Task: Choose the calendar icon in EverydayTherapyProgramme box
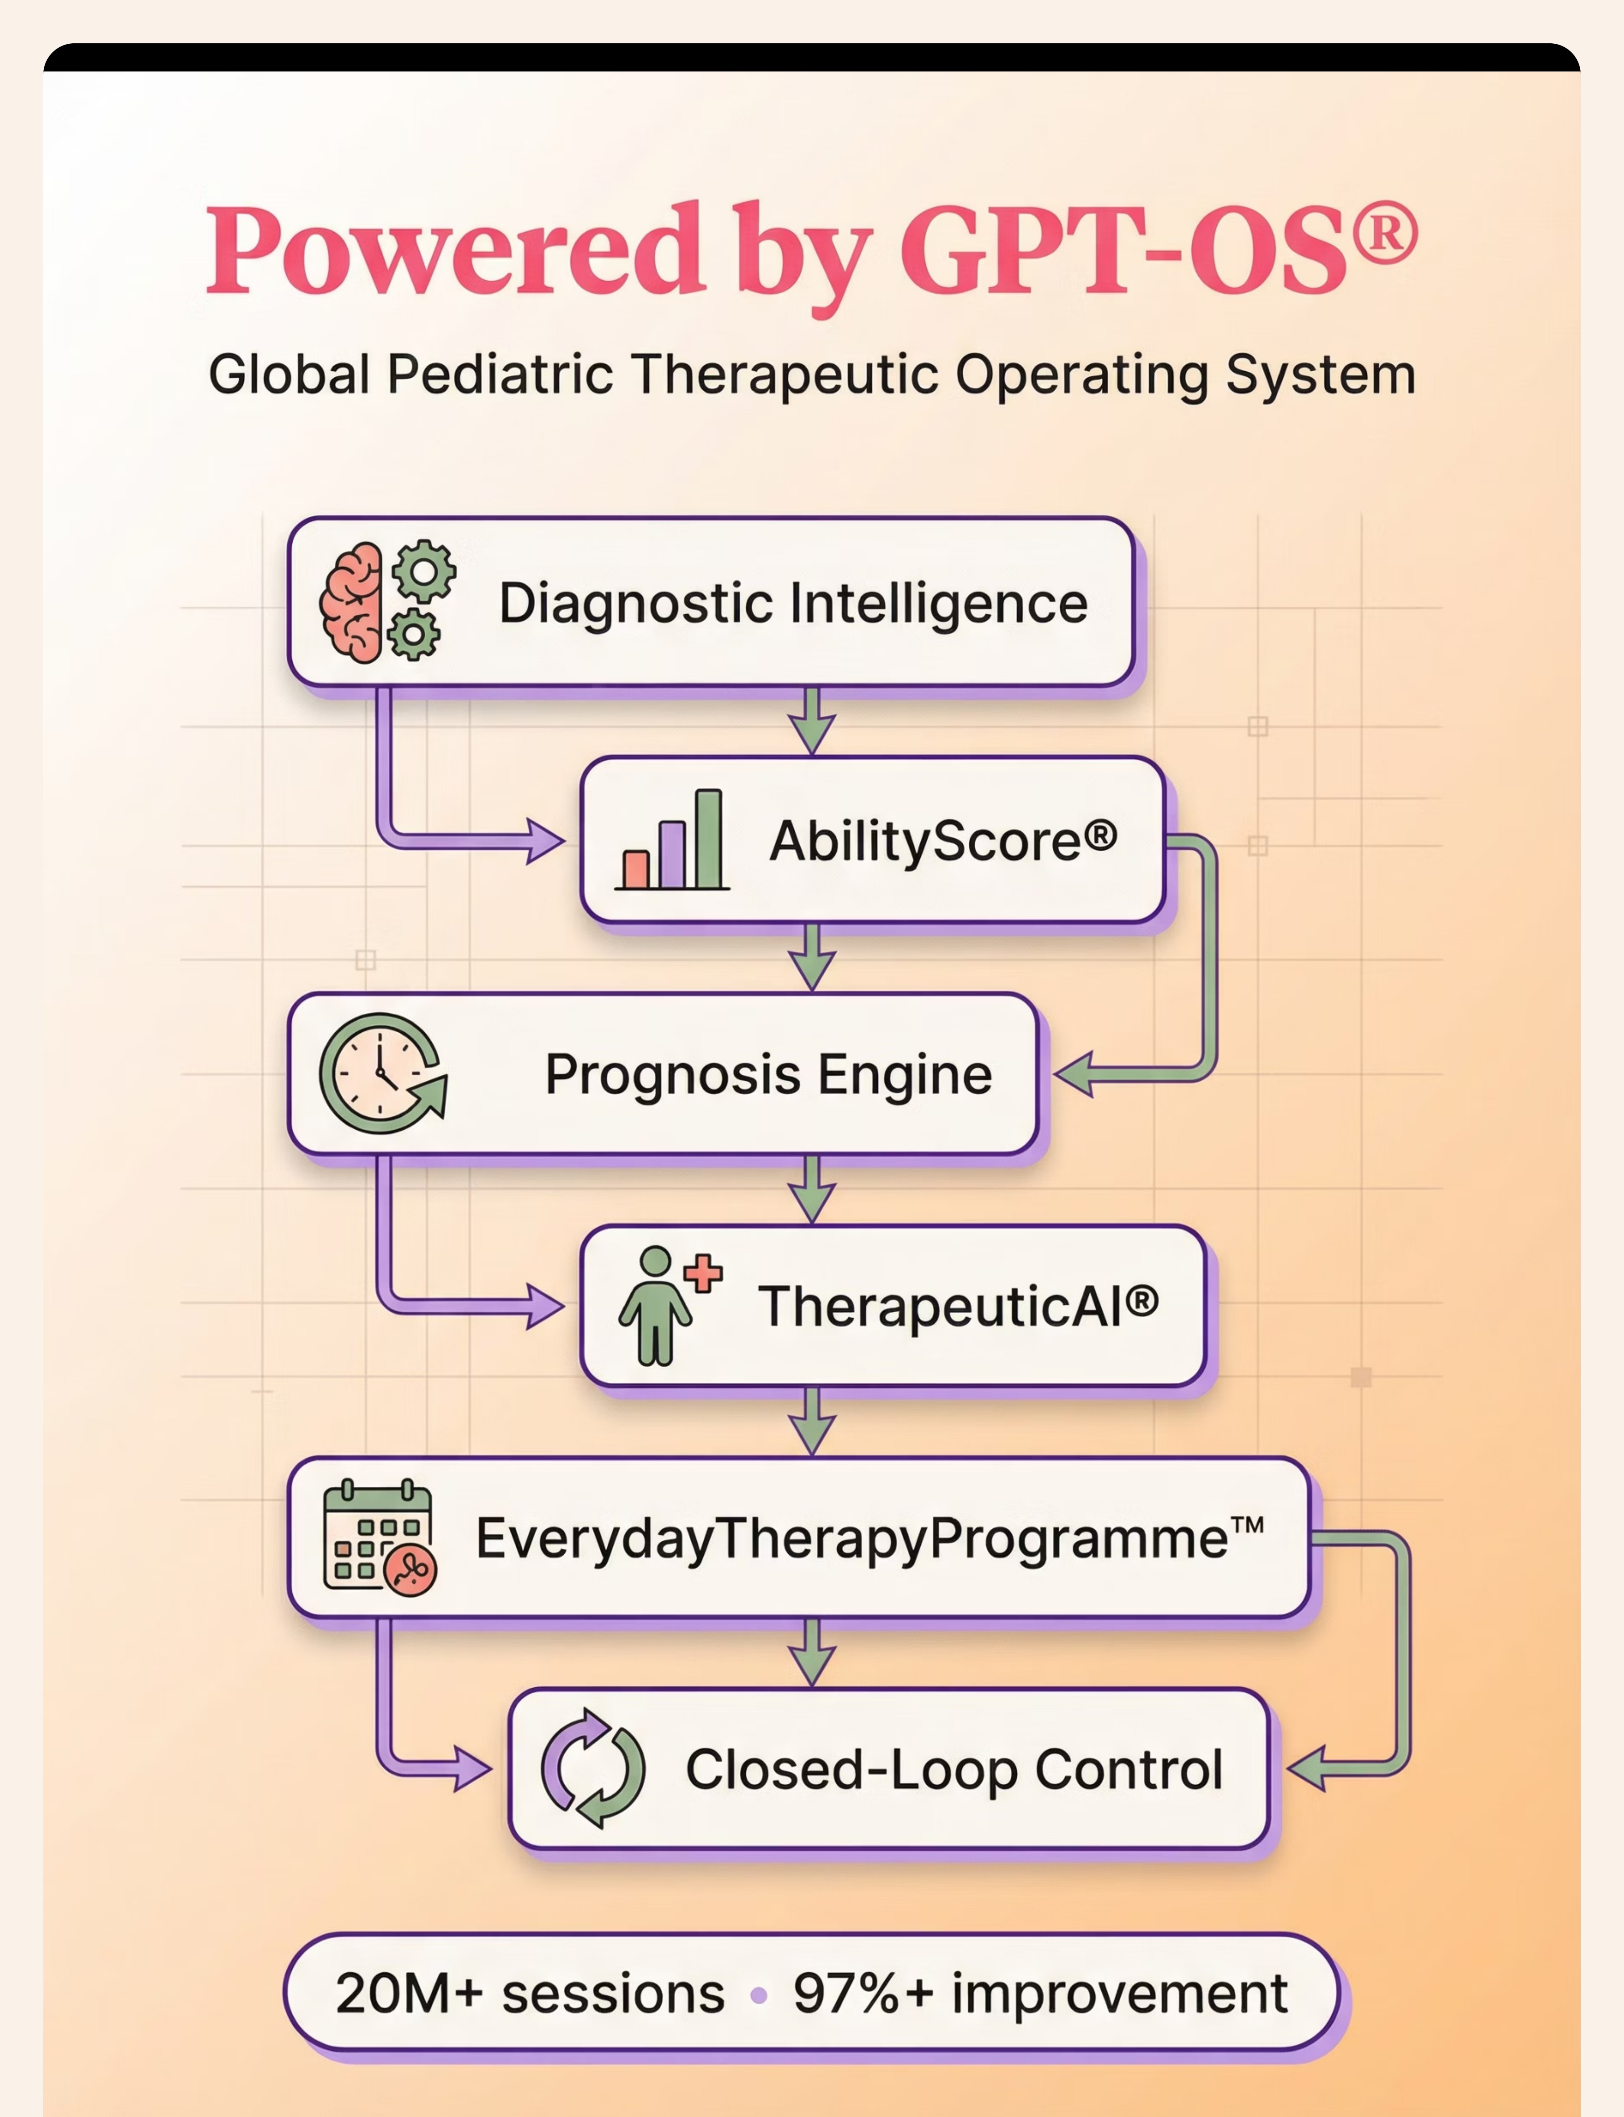click(x=379, y=1537)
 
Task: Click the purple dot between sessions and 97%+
click(x=759, y=1995)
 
